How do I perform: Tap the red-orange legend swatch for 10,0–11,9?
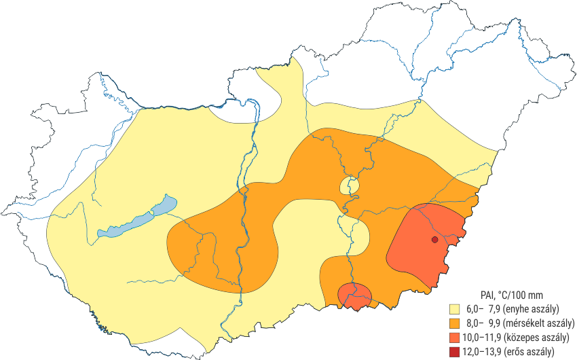446,338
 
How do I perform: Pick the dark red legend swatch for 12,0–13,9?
446,351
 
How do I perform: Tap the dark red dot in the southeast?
434,239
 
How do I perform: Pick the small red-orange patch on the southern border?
354,295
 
